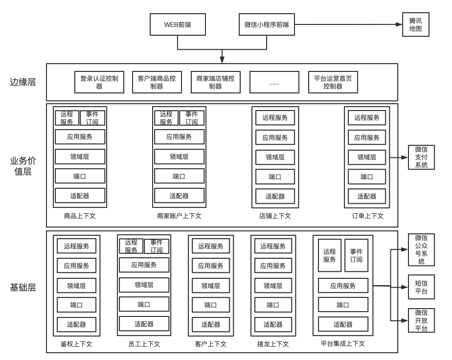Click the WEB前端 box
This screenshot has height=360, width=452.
[x=178, y=24]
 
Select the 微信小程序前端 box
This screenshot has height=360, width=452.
[x=267, y=24]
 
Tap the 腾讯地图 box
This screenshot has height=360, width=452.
[x=416, y=24]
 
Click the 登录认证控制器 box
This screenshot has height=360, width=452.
[x=99, y=82]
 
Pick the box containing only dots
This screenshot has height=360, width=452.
[x=274, y=82]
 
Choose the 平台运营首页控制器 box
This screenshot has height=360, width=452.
[x=333, y=82]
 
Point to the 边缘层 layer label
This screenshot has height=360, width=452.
[x=23, y=82]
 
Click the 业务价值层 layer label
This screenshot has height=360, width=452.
[x=23, y=166]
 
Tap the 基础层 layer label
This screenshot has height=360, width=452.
[x=23, y=288]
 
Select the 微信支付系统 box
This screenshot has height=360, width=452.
[x=421, y=157]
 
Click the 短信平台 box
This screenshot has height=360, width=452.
[x=421, y=287]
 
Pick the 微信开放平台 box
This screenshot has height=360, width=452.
[x=421, y=320]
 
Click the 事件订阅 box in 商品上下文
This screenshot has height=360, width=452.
[x=92, y=118]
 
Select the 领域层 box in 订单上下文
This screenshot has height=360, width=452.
[x=367, y=157]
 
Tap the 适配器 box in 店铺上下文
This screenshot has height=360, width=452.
[x=275, y=197]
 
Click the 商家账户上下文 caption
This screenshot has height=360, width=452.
[x=179, y=216]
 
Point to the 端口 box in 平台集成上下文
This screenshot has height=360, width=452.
[x=343, y=305]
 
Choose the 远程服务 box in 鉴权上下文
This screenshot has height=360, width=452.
[x=76, y=246]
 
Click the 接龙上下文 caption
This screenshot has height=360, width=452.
[x=273, y=344]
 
